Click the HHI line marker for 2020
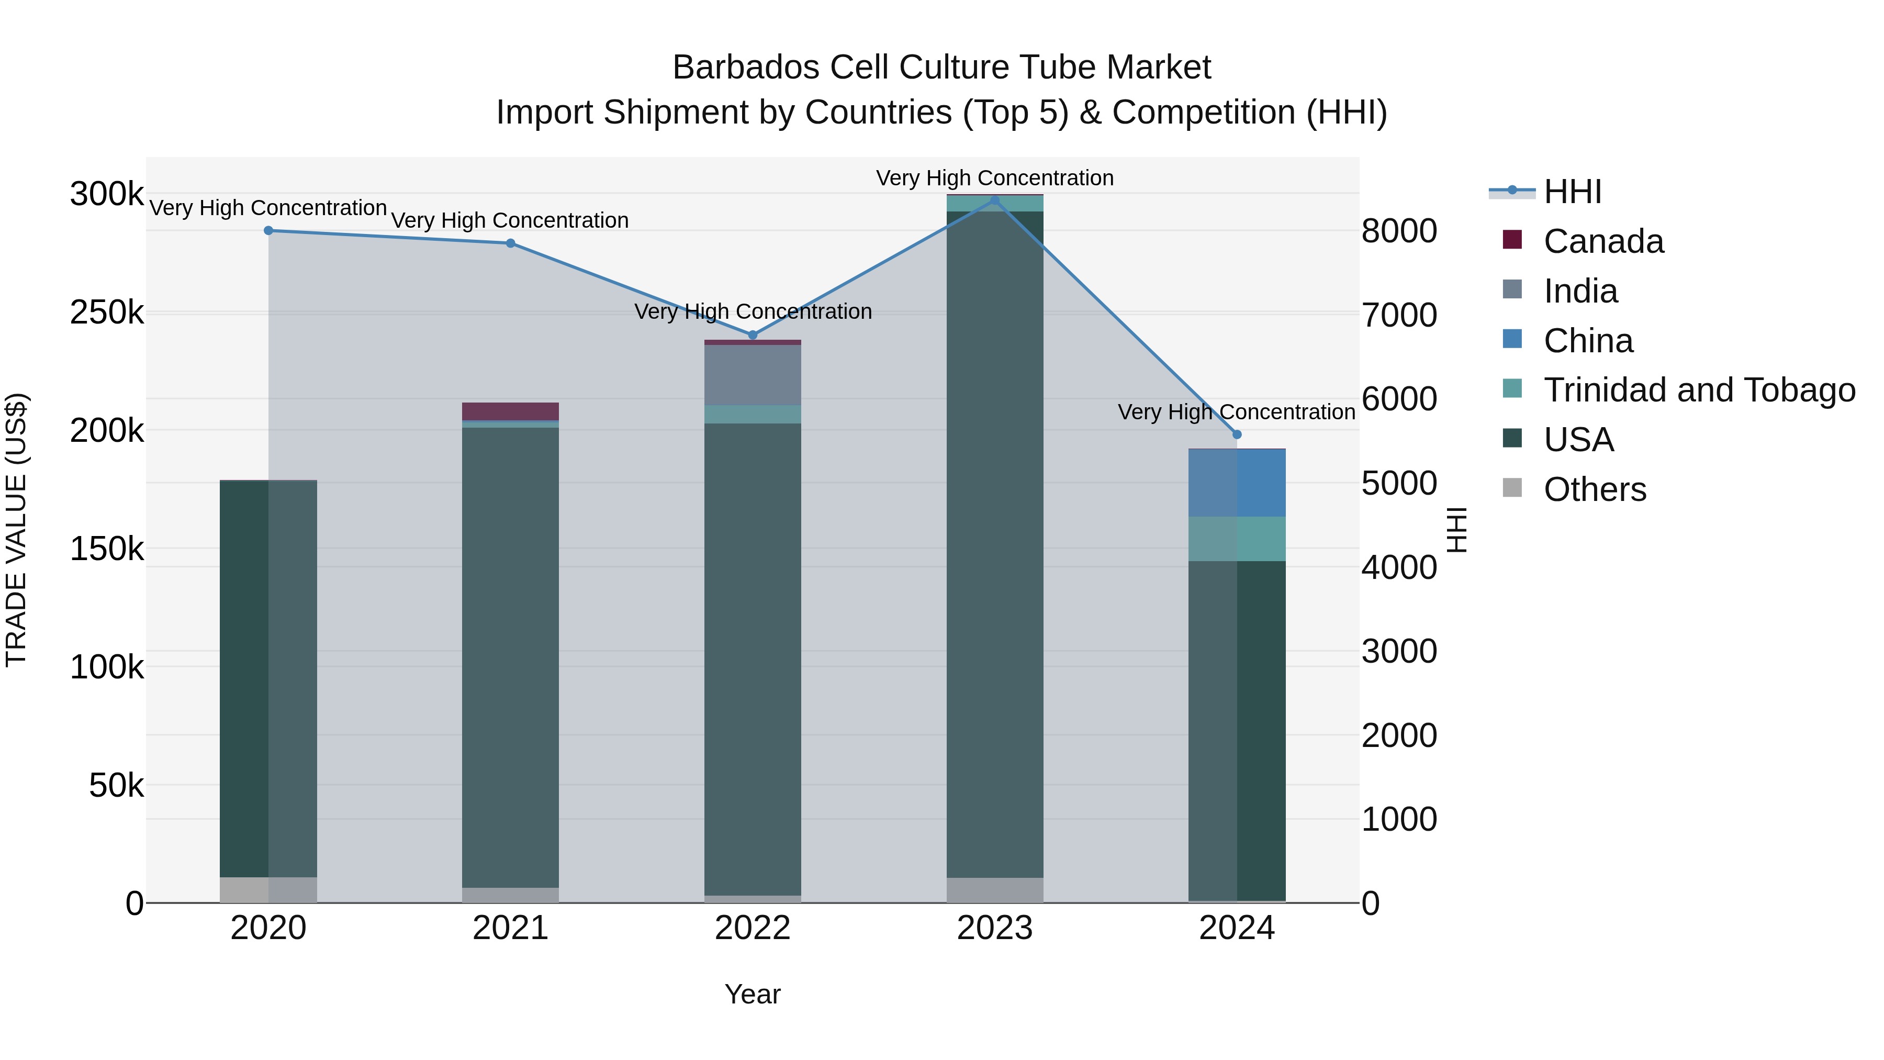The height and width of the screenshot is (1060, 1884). (x=268, y=230)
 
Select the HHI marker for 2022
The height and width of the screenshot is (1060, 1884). (x=753, y=335)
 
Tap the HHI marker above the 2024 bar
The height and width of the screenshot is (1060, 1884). (x=1237, y=434)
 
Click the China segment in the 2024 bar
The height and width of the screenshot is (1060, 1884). (x=1237, y=483)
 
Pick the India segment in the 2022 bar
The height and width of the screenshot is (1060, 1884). (x=753, y=375)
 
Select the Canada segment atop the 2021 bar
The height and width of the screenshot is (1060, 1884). (x=510, y=411)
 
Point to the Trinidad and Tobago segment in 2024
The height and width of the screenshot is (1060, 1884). (x=1237, y=539)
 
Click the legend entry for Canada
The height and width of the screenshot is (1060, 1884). (x=1602, y=241)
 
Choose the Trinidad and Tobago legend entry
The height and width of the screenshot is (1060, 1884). (x=1698, y=390)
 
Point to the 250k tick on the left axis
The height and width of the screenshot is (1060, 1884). (x=107, y=313)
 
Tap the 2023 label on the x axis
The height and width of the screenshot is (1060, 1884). (x=995, y=928)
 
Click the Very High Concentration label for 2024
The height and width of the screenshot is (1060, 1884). (x=1236, y=412)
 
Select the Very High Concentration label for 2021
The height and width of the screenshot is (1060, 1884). (x=510, y=220)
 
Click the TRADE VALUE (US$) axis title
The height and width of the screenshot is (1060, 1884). (x=16, y=530)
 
